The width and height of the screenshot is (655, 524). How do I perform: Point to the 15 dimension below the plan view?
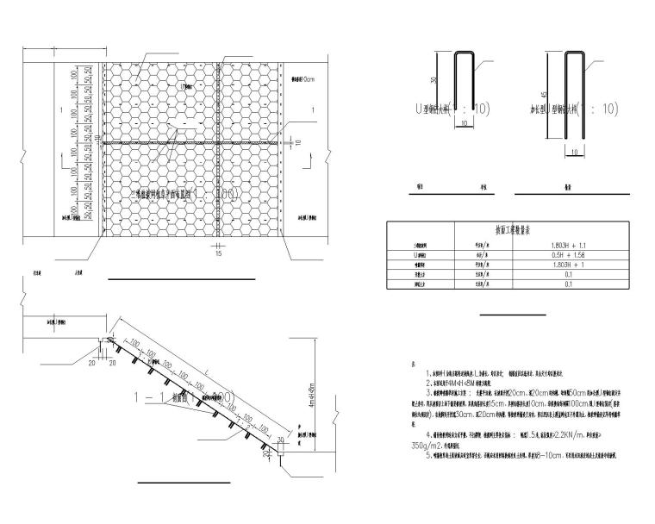pos(219,254)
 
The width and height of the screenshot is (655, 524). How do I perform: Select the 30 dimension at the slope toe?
pos(282,440)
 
